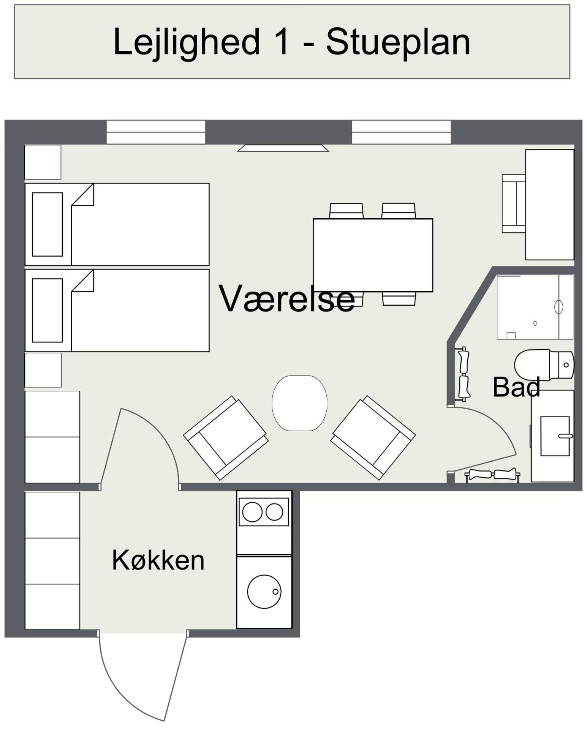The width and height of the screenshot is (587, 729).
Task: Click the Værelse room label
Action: pos(287,299)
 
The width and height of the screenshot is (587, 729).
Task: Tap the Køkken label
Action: pos(158,560)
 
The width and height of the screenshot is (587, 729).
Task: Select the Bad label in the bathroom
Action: pos(516,387)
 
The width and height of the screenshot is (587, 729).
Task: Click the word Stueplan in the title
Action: pos(398,42)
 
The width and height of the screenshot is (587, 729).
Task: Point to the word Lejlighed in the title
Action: pos(186,42)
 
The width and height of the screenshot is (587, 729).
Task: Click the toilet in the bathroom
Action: pos(543,365)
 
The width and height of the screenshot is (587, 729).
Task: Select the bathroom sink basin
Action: pos(555,436)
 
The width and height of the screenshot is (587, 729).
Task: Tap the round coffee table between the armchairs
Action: pos(299,403)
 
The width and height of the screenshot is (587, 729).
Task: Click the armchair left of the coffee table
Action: pos(226,438)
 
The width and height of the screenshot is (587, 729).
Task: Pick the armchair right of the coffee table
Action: pos(373,438)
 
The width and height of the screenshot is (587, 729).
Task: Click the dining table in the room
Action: pos(373,255)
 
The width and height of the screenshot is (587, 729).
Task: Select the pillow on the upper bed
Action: pos(47,224)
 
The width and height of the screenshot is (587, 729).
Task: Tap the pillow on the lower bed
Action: pos(47,311)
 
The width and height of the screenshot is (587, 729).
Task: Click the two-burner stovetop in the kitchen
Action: pos(263,512)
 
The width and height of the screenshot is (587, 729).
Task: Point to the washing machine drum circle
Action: pos(264,592)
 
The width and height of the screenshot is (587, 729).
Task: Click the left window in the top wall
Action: pos(156,132)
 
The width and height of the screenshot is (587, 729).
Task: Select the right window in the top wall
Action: pos(401,132)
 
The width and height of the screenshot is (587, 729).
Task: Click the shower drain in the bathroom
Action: pos(535,323)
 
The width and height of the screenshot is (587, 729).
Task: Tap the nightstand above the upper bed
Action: pos(43,162)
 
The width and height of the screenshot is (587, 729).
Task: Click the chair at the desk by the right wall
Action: pos(513,204)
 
